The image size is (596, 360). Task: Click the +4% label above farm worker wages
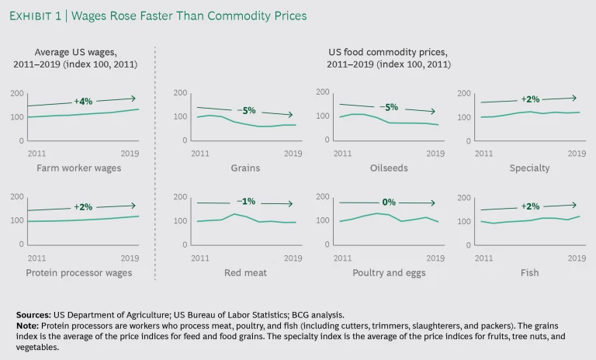[83, 102]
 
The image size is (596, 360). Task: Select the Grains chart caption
[246, 168]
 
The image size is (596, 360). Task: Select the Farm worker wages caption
[73, 168]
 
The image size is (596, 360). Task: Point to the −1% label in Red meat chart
[248, 202]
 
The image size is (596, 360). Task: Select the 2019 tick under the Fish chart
[577, 258]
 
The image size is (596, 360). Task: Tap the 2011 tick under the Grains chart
[200, 153]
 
